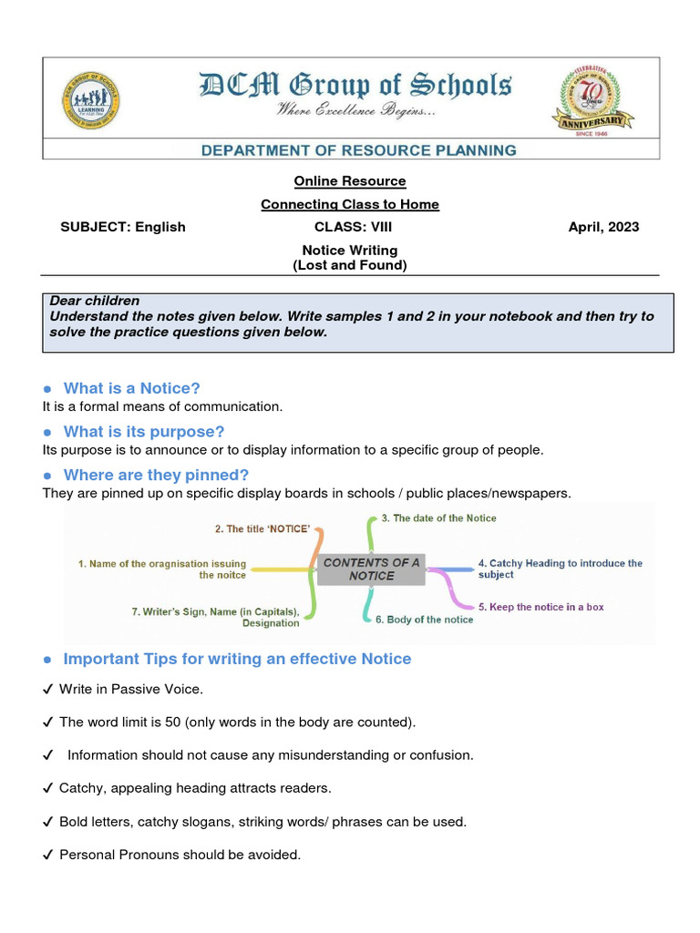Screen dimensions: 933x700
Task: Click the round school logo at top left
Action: point(90,99)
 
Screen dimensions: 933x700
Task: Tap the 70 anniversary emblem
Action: point(593,97)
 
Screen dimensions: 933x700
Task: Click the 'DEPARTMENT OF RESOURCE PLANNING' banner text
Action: point(359,150)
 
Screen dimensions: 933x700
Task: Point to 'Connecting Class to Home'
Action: point(350,204)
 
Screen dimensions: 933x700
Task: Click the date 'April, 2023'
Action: point(603,227)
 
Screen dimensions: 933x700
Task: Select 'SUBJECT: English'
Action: point(122,227)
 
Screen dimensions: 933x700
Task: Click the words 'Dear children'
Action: point(95,301)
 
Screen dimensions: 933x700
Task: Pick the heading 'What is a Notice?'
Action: point(131,388)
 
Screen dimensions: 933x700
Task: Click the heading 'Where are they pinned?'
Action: point(156,475)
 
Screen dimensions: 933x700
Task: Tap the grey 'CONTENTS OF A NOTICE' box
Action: point(371,569)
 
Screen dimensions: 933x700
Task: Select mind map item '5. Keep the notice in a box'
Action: point(540,607)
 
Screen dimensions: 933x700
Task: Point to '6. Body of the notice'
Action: point(424,620)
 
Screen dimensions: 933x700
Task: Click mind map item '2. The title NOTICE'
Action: point(262,528)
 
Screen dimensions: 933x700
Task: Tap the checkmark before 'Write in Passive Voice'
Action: point(48,690)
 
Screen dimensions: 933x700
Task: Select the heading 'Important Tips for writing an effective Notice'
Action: point(237,659)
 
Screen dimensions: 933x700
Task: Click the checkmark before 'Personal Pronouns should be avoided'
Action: point(48,856)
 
